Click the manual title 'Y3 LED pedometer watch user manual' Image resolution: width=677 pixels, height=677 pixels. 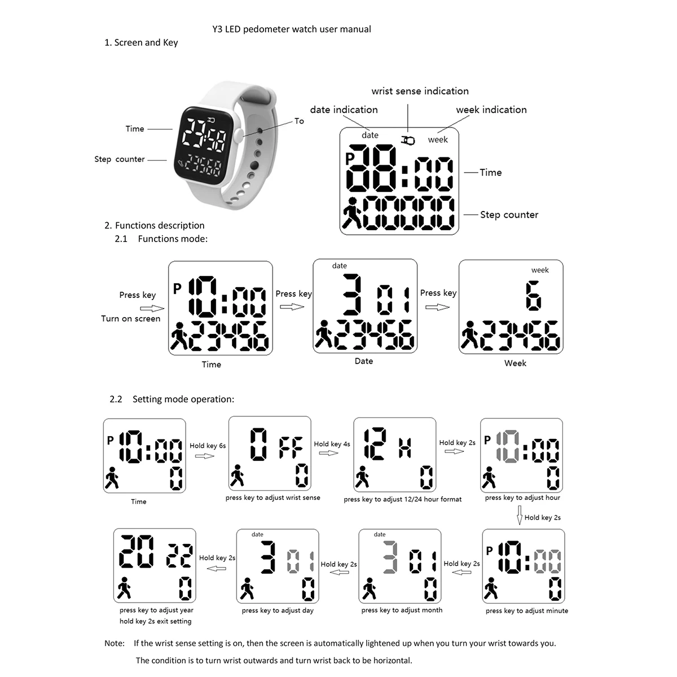pos(292,29)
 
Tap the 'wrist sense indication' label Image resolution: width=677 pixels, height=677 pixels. pos(420,91)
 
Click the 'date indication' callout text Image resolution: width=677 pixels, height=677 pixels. pos(344,110)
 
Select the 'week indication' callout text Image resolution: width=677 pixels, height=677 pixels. pos(491,110)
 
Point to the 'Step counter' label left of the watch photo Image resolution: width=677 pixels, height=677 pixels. pos(120,160)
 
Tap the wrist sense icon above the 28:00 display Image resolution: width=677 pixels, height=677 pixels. pos(408,139)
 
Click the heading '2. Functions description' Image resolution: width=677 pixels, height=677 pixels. pos(154,226)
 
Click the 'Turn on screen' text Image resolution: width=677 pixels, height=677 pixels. pos(130,319)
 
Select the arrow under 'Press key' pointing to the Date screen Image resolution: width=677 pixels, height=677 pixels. pos(292,306)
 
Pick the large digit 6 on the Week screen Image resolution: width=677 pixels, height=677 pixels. pos(533,296)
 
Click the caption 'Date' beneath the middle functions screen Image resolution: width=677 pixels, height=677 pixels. pos(364,362)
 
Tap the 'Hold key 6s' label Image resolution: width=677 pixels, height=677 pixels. pos(208,446)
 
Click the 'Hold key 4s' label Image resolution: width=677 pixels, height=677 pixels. pos(332,444)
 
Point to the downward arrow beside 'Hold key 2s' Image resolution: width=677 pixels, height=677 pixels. pos(520,516)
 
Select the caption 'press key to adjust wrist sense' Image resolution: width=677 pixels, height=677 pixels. pos(272,498)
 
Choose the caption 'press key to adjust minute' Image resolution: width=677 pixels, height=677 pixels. pos(527,611)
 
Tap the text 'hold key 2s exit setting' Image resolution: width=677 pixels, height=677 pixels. pos(155,622)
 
